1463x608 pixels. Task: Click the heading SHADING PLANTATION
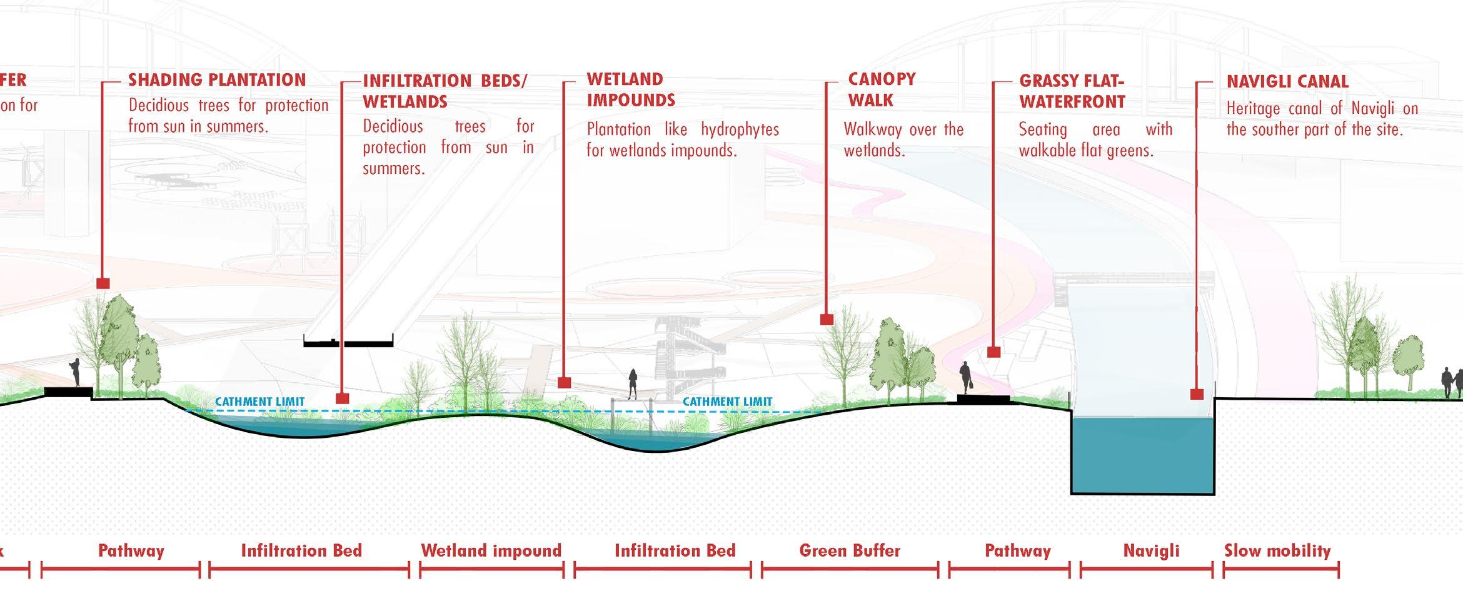coord(217,80)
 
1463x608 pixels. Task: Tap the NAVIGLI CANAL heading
coord(1287,81)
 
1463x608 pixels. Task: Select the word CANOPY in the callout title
coord(882,79)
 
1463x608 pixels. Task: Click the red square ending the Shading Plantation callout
coord(103,283)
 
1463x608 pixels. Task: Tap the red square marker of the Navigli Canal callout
coord(1197,394)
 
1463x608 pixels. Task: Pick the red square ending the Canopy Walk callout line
coord(827,319)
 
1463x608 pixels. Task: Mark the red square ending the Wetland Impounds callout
coord(564,382)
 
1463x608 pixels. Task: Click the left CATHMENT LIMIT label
coord(260,402)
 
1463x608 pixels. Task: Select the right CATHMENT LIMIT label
coord(727,402)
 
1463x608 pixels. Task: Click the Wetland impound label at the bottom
coord(491,550)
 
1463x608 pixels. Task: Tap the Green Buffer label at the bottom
coord(850,550)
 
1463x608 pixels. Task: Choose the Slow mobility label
coord(1277,550)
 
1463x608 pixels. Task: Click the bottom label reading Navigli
coord(1151,550)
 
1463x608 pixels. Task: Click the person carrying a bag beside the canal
coord(966,378)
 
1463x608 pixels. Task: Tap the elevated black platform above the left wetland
coord(348,342)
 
